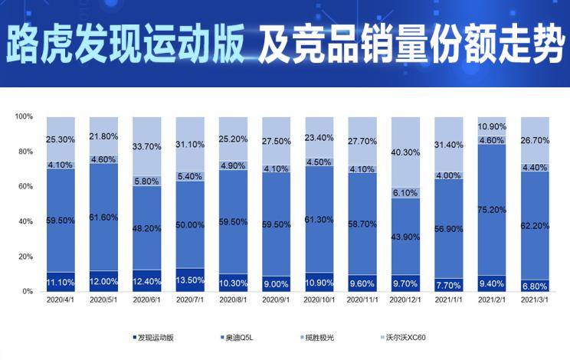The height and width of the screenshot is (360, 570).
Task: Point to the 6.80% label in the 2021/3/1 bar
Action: point(536,286)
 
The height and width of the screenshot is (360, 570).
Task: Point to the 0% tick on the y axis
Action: point(28,292)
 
